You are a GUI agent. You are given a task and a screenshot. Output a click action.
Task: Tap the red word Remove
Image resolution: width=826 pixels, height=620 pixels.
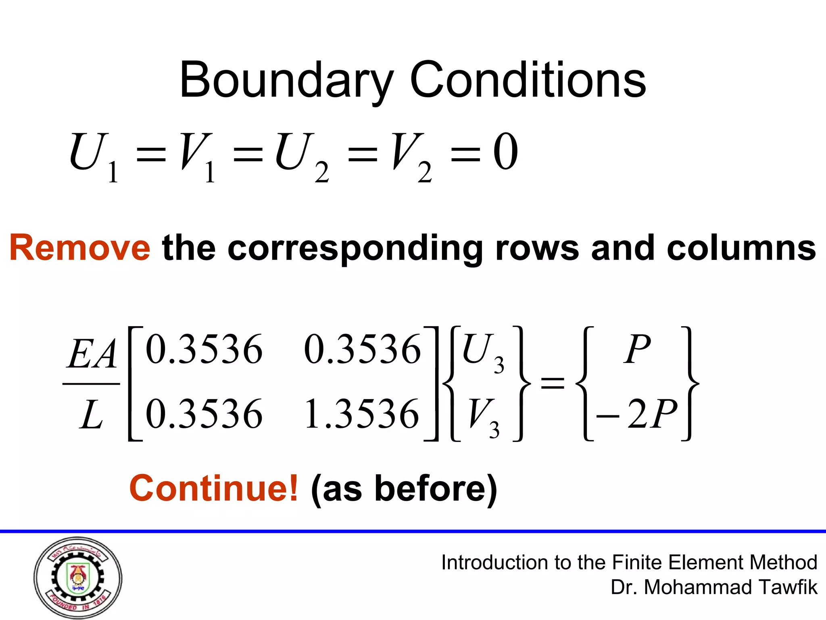tap(80, 247)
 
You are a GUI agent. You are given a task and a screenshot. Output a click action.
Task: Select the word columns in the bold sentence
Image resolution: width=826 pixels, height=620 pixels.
tap(741, 247)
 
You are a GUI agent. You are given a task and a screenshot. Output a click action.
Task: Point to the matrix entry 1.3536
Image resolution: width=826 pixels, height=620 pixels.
tap(362, 414)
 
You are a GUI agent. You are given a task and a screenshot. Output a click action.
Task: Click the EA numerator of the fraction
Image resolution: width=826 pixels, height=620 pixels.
tap(92, 354)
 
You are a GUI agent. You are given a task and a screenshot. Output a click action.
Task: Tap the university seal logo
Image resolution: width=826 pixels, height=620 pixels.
tap(78, 578)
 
